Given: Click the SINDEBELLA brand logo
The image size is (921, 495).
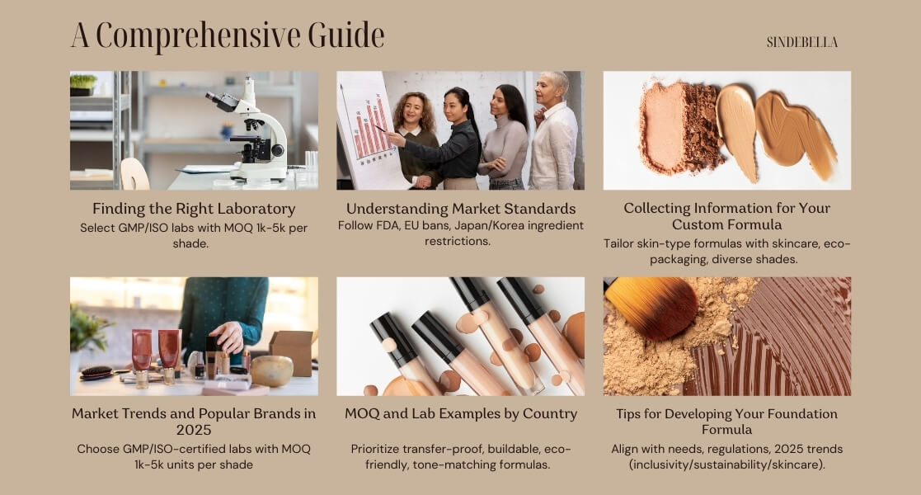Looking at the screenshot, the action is (801, 42).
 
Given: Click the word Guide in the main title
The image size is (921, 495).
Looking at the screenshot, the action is (346, 35).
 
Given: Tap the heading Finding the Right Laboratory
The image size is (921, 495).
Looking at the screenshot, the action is (194, 209).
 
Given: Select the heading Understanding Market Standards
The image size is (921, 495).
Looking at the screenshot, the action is (460, 209).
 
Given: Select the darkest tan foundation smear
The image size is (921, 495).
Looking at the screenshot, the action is (794, 132).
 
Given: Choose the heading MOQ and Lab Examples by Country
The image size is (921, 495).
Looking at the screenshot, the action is (460, 414).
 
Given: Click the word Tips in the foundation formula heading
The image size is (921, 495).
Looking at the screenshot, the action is (628, 414).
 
